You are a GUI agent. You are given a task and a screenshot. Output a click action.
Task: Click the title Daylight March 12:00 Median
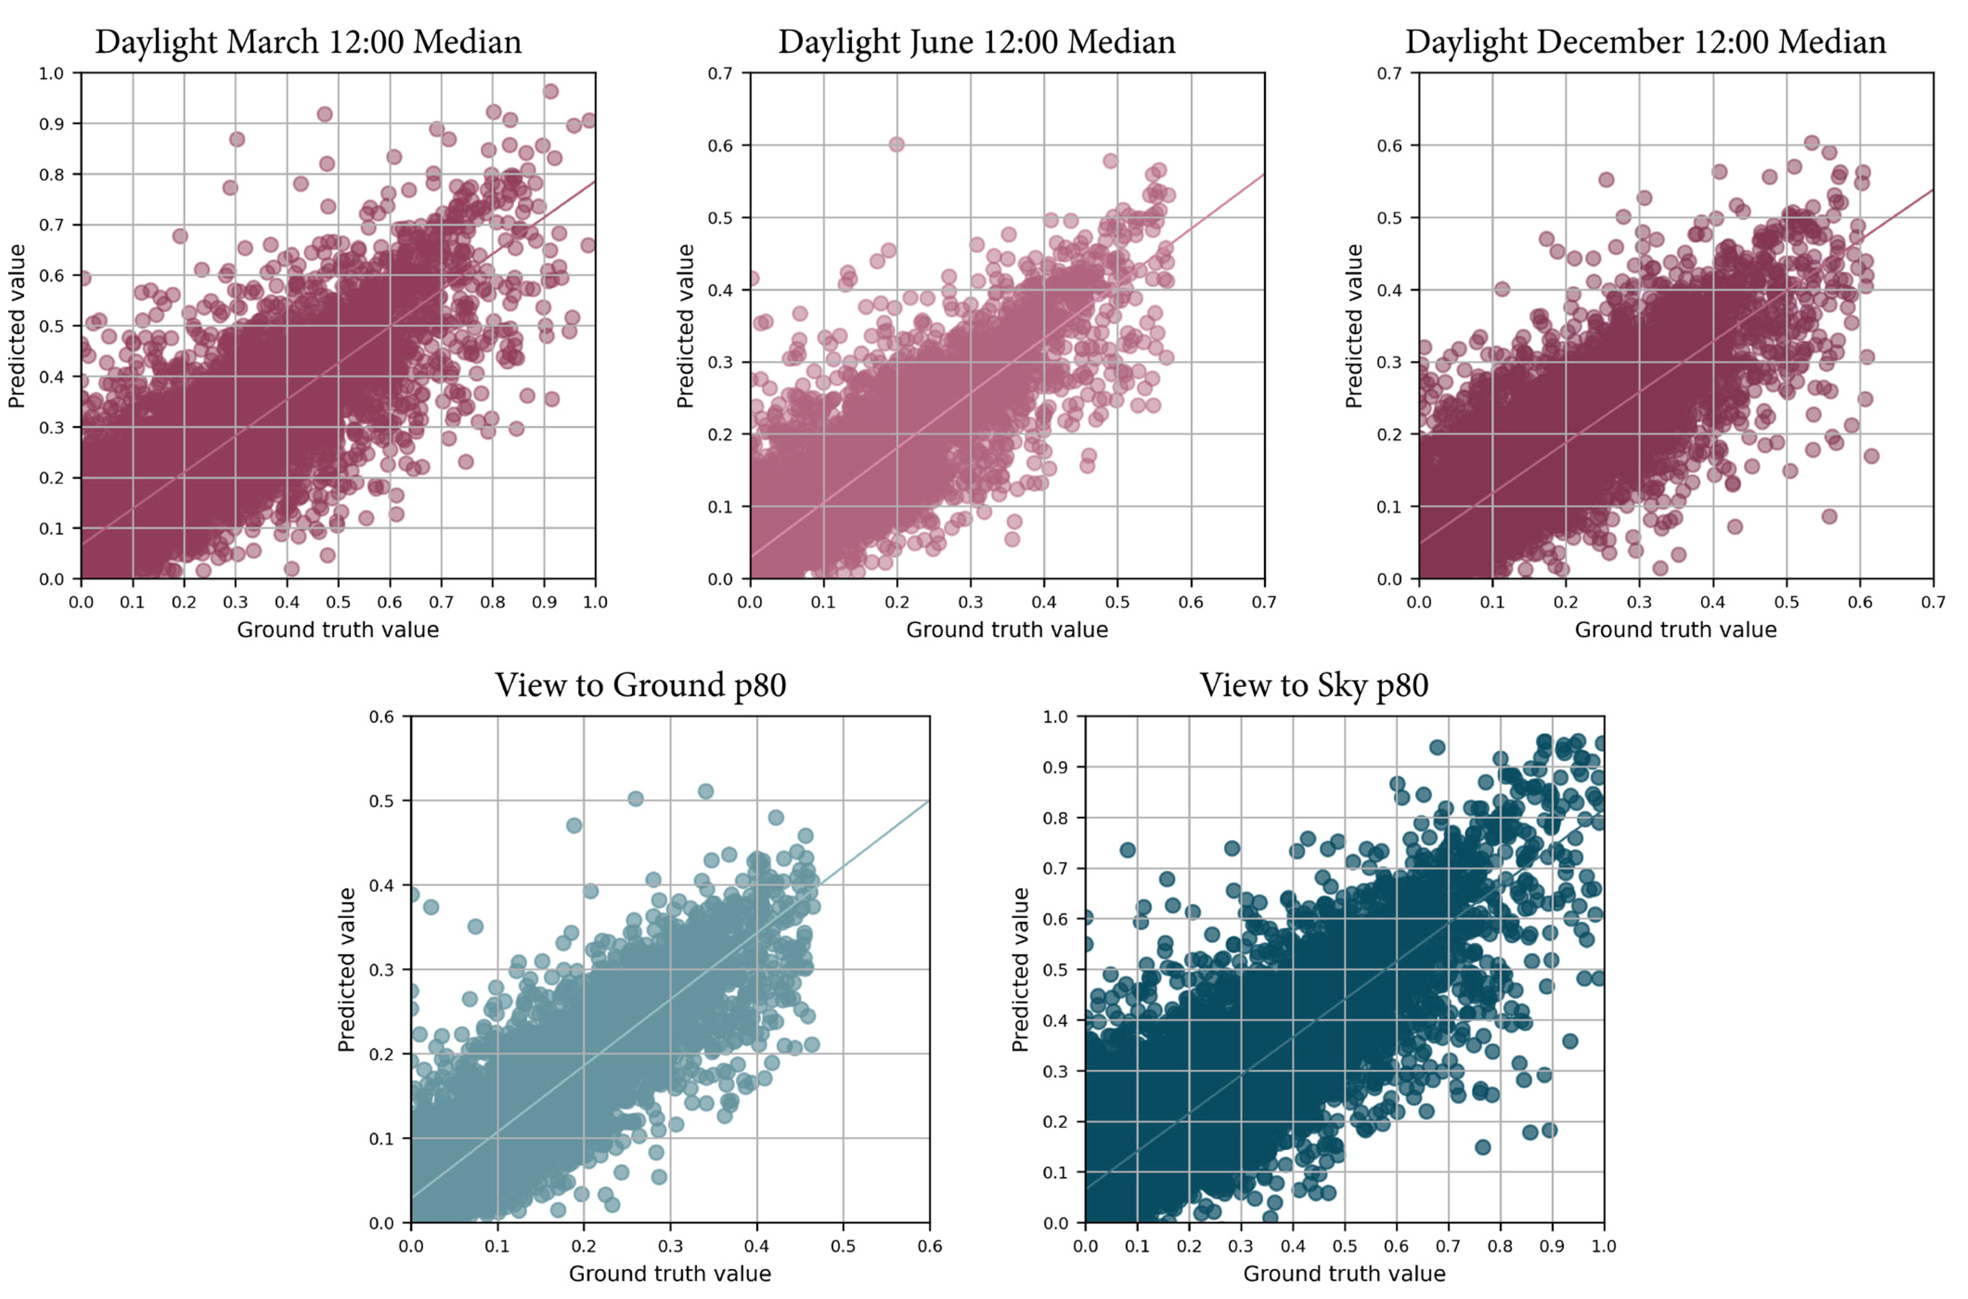click(308, 41)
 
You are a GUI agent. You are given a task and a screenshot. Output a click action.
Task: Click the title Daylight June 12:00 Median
click(976, 41)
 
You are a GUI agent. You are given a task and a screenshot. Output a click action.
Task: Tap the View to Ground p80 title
click(640, 685)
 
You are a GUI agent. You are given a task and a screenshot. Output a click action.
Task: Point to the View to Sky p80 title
click(1314, 685)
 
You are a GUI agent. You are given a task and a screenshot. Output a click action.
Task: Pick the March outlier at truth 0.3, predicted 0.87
click(237, 139)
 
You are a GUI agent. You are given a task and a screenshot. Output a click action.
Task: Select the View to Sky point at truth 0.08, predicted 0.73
click(1127, 850)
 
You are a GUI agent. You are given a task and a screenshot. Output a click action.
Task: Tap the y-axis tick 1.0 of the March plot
click(51, 73)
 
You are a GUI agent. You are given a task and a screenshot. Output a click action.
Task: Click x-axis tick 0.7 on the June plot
click(1264, 601)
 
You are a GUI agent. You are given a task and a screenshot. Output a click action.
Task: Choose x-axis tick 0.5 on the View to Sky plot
click(1344, 1246)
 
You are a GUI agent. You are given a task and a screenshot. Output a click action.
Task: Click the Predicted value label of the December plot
click(1354, 325)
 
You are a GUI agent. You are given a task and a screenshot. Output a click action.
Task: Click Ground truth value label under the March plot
click(338, 630)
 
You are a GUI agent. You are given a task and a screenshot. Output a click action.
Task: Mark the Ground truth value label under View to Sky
click(1344, 1274)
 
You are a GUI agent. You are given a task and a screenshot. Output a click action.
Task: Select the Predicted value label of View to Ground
click(346, 969)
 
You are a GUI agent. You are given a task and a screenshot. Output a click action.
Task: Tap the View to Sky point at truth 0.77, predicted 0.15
click(1483, 1147)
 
